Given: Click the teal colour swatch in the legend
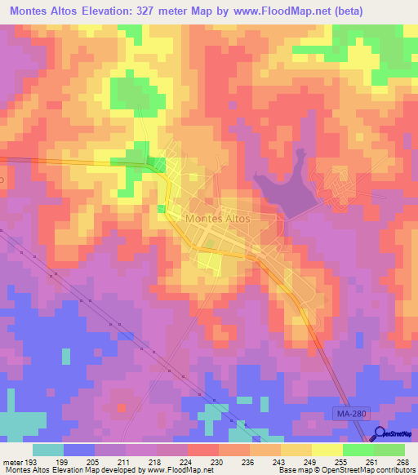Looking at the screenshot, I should pyautogui.click(x=48, y=450).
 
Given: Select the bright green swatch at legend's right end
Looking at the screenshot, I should pyautogui.click(x=389, y=450).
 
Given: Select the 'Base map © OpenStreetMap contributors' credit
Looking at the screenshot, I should pyautogui.click(x=345, y=471).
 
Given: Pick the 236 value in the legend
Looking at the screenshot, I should pyautogui.click(x=246, y=462).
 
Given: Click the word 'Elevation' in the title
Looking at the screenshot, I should pyautogui.click(x=96, y=11).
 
